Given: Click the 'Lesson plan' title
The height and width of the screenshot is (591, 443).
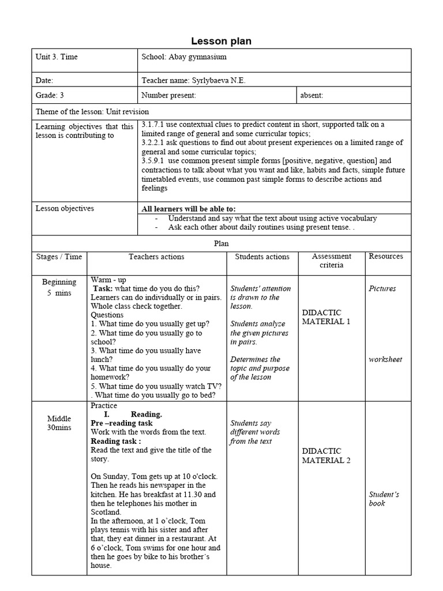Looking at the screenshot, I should point(221,41).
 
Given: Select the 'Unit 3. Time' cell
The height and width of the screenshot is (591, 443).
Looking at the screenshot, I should point(57,57).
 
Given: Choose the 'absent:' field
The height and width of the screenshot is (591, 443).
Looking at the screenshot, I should point(312,96).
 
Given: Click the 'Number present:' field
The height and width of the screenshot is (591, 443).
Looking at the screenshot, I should point(168,96).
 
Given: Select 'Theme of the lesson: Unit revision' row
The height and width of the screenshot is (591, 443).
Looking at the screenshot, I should point(92,112).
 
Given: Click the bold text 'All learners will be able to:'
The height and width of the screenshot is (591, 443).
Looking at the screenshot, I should point(189,209).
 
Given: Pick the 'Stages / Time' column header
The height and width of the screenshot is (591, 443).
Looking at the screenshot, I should point(59,257).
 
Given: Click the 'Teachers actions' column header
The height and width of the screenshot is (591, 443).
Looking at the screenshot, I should point(156,257).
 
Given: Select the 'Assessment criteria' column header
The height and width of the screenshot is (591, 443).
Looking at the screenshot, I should point(331,261).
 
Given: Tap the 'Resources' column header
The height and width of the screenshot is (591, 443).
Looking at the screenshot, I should point(386,256).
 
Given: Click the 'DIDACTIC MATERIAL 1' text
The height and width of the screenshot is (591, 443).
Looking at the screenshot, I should point(326,317).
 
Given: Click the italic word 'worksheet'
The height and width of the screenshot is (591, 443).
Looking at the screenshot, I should point(385,360).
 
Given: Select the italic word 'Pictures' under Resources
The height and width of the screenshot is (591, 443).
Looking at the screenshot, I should point(382,289).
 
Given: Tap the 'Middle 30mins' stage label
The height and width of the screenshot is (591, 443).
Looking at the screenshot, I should point(59,423).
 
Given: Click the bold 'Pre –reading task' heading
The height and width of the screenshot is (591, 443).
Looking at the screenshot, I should point(122,423).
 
